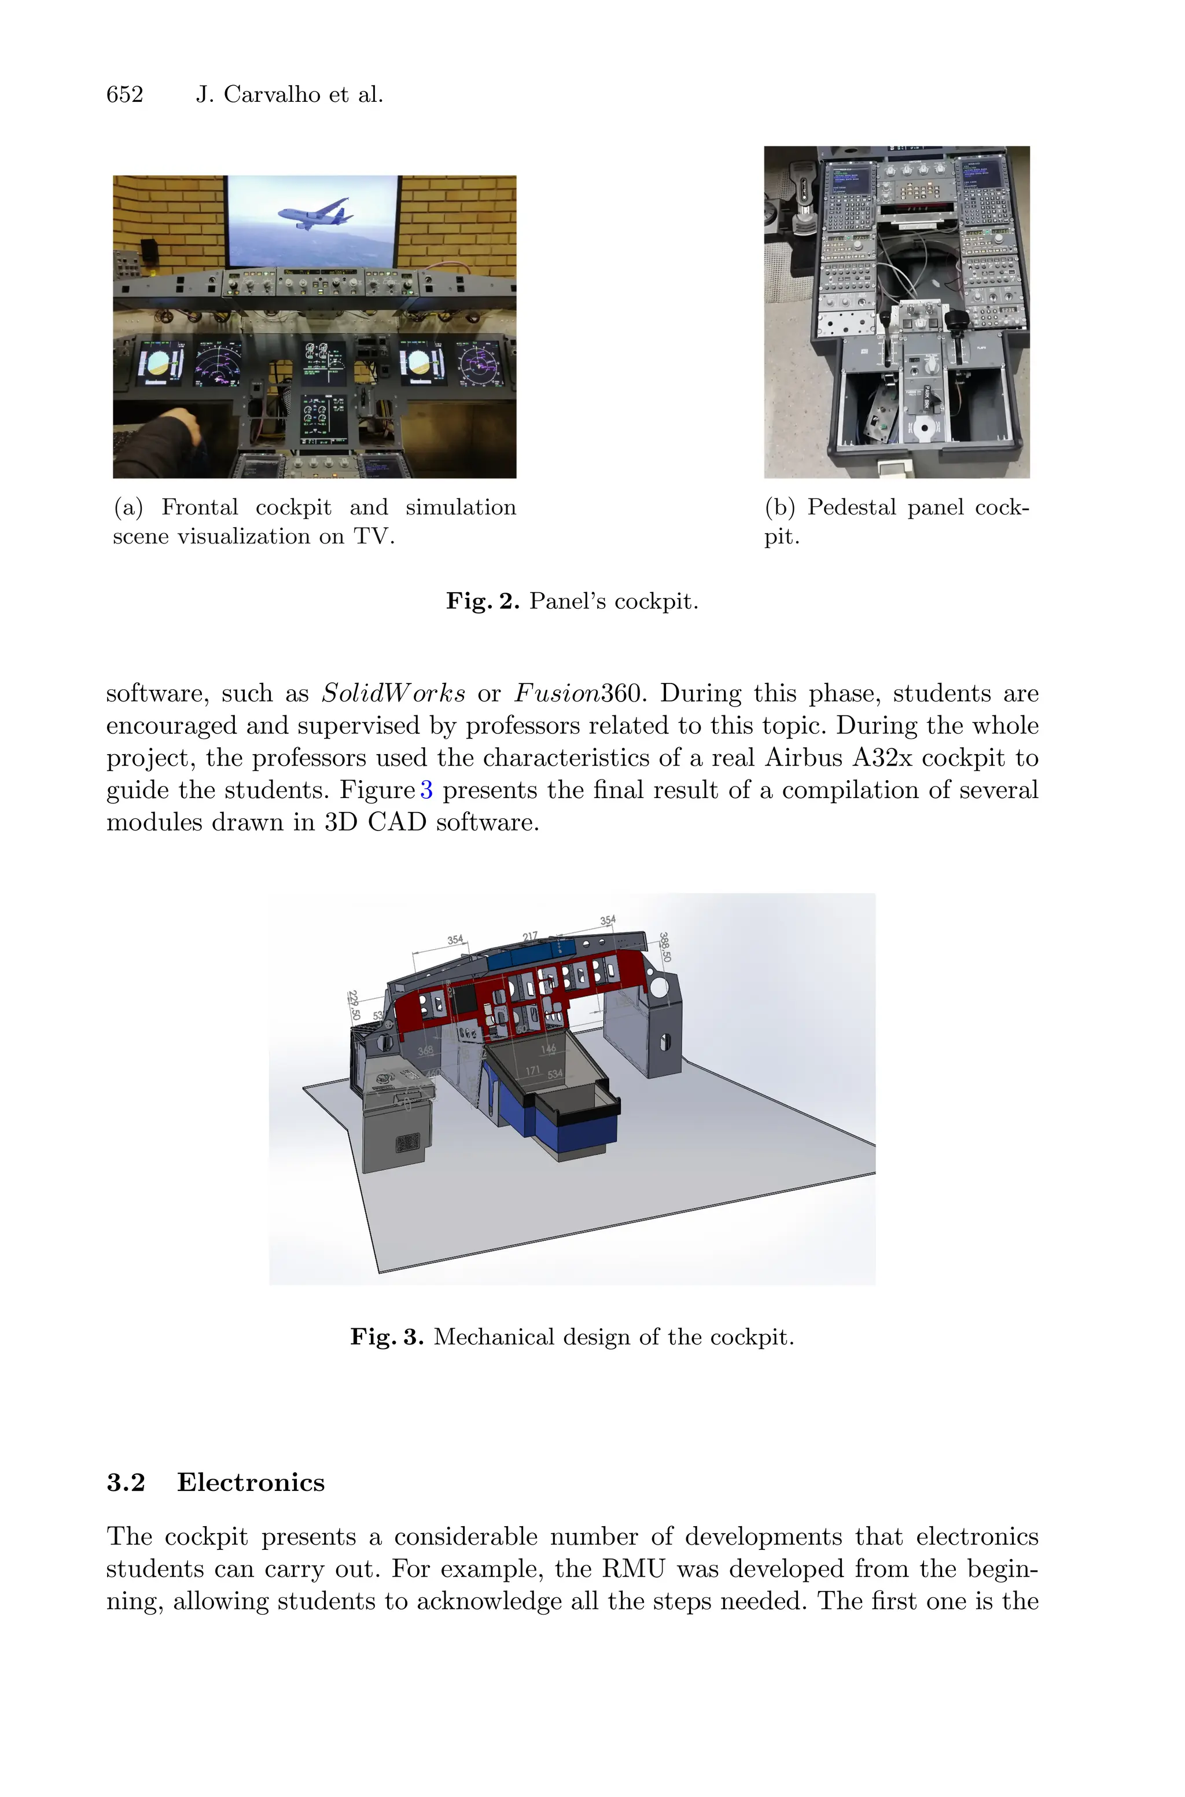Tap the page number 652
(125, 94)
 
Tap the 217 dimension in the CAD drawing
(530, 936)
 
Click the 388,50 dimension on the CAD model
(664, 946)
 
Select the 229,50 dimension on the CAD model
(354, 1005)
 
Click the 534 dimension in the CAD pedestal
(555, 1074)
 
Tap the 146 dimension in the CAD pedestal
(548, 1048)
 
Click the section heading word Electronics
(250, 1483)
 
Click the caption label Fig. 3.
(386, 1337)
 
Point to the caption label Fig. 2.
(482, 601)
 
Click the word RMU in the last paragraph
(632, 1569)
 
